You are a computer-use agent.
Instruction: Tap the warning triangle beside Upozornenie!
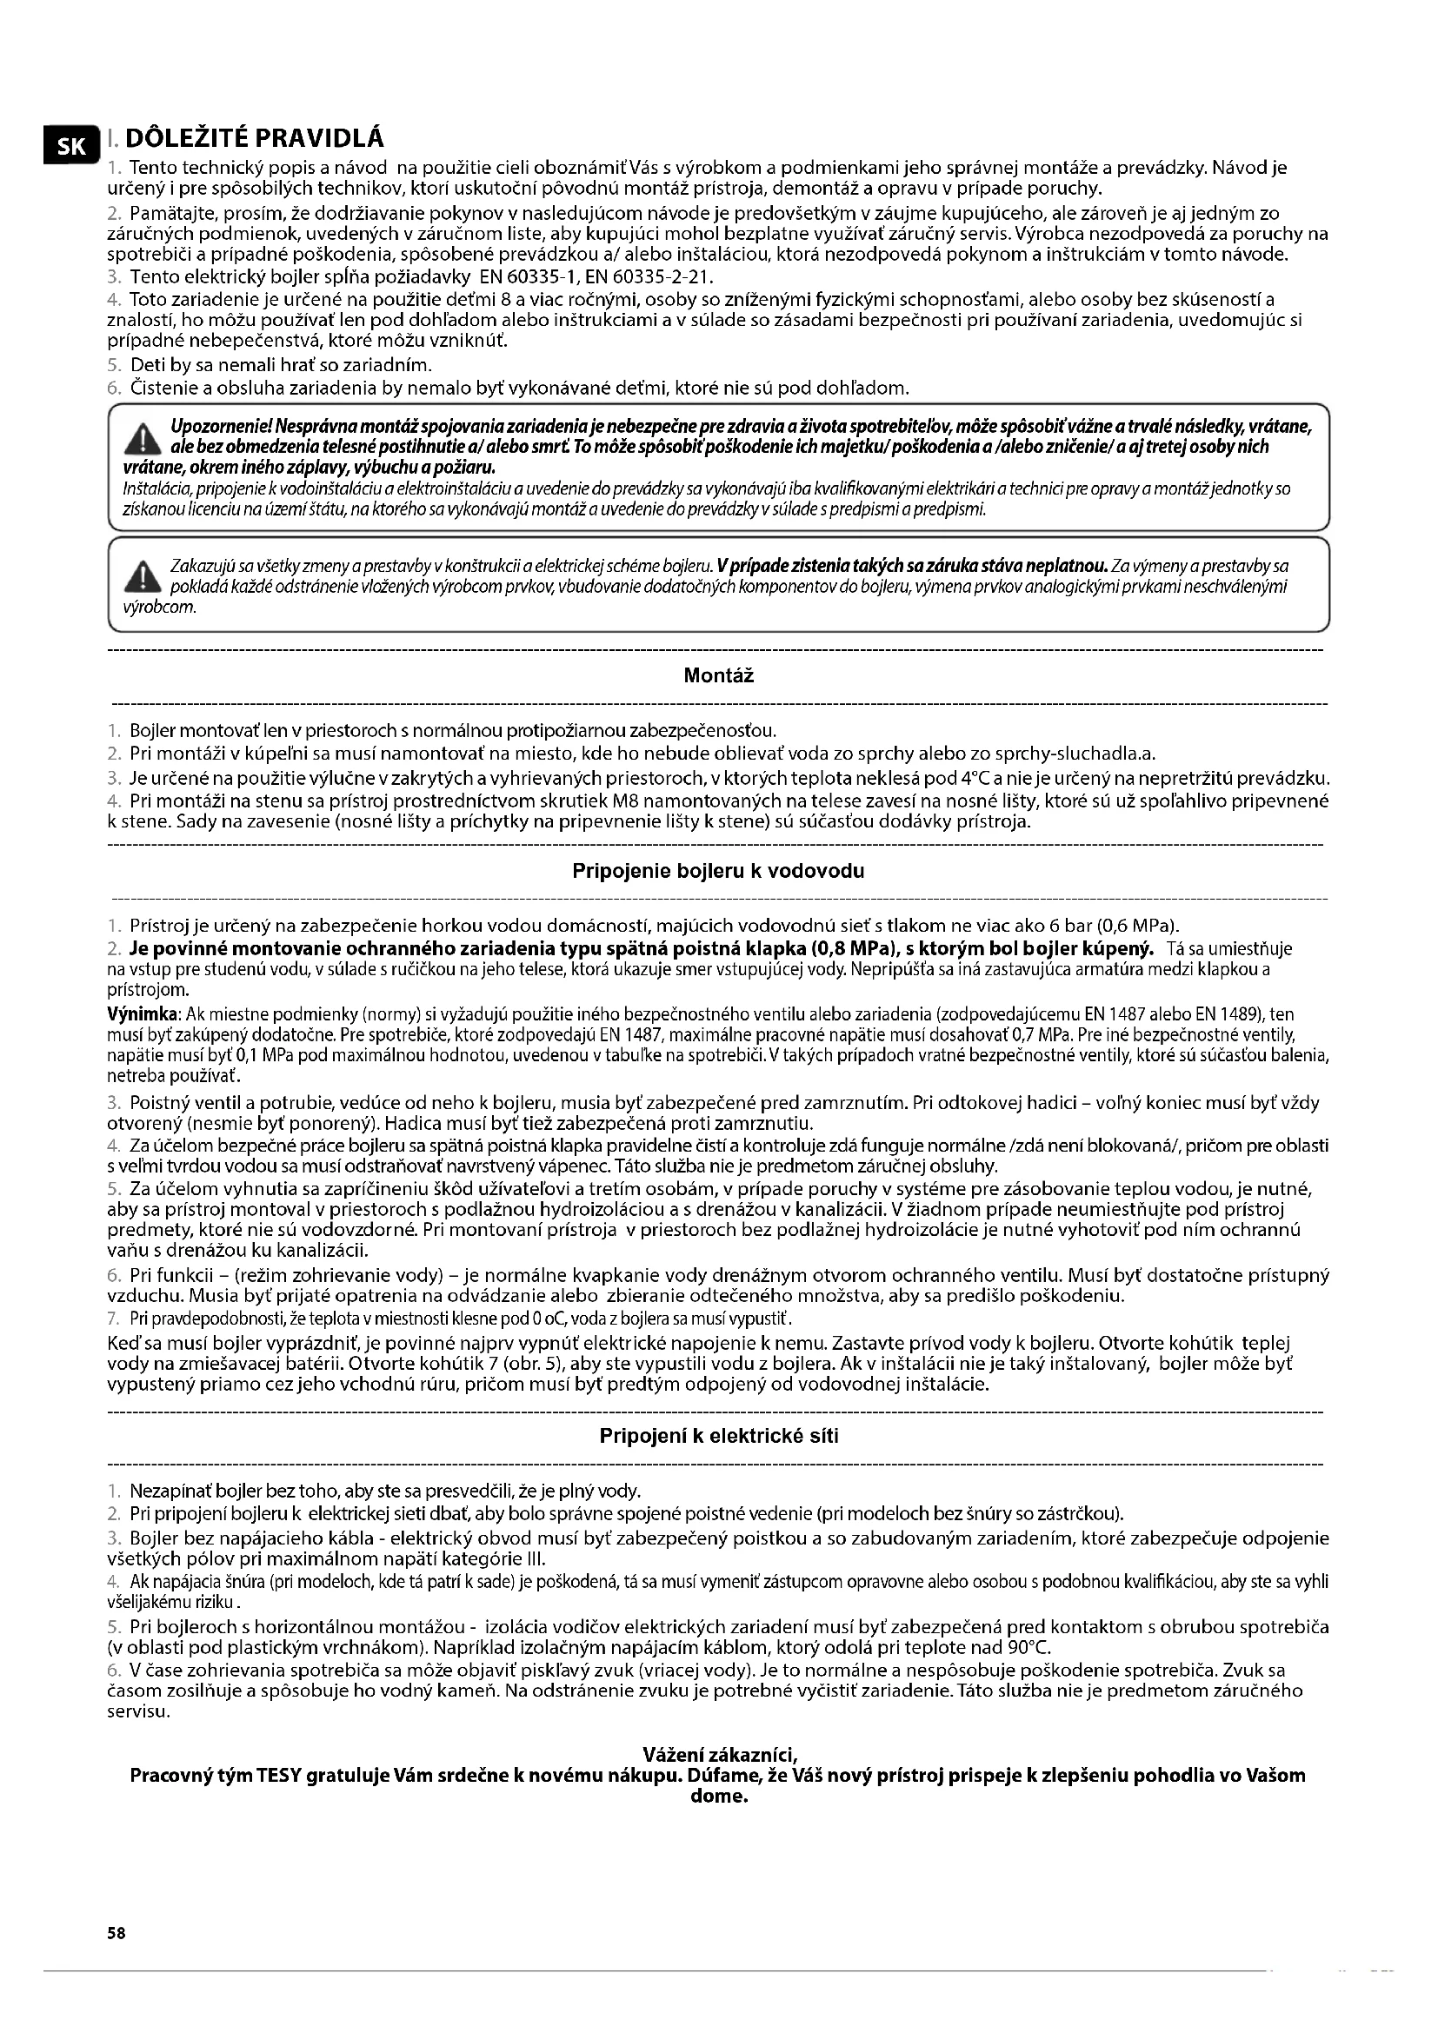(x=139, y=437)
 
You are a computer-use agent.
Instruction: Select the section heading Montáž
(x=718, y=676)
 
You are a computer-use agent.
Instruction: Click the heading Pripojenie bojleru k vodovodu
(x=718, y=871)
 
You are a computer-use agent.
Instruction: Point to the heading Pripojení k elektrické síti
(x=718, y=1436)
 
